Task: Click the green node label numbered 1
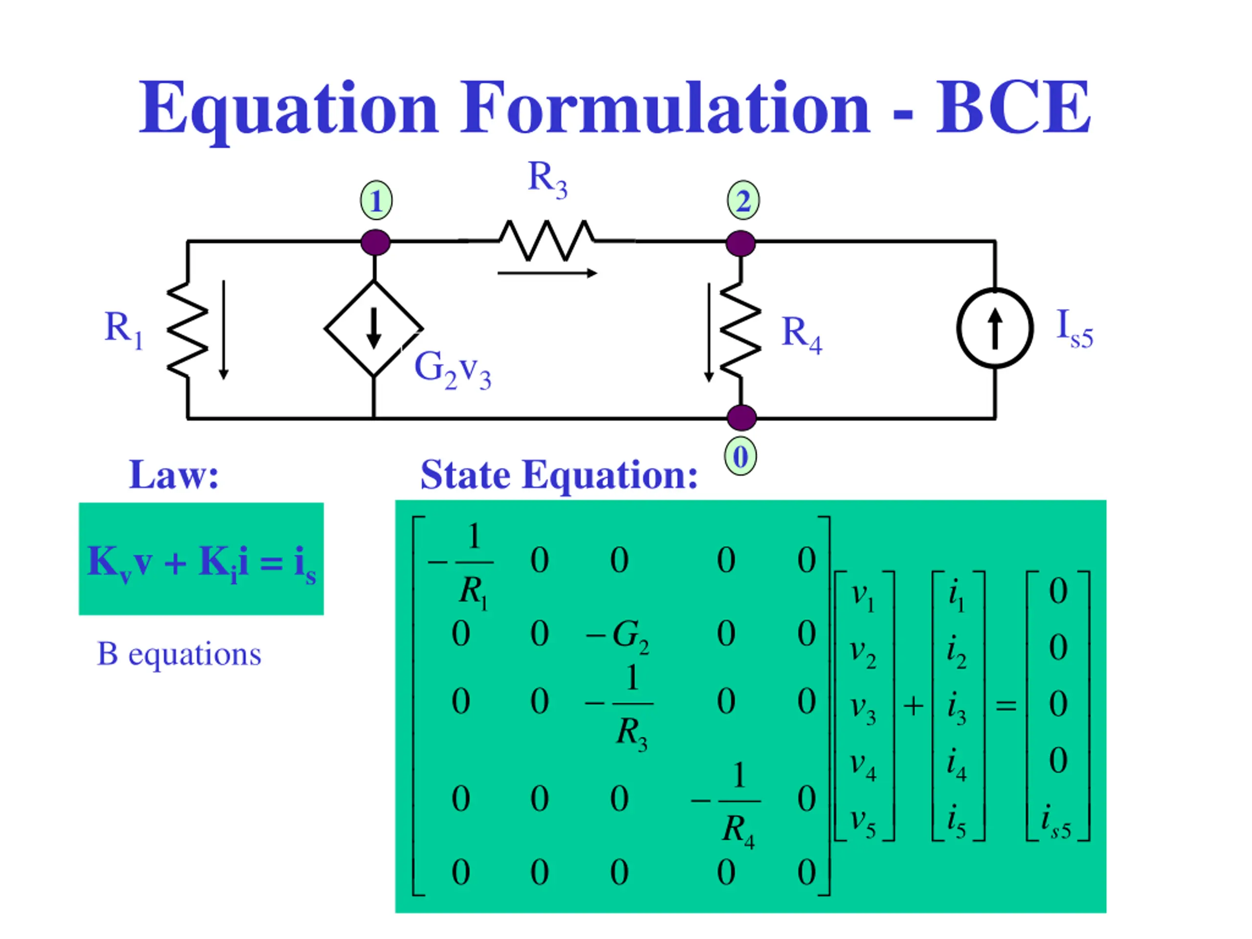point(376,201)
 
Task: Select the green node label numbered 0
point(740,456)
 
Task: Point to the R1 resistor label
point(124,330)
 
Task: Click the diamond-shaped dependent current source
point(374,328)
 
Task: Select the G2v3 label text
point(452,370)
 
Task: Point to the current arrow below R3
point(547,273)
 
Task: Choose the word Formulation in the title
point(665,108)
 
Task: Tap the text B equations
point(179,654)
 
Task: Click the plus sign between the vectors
point(913,706)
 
